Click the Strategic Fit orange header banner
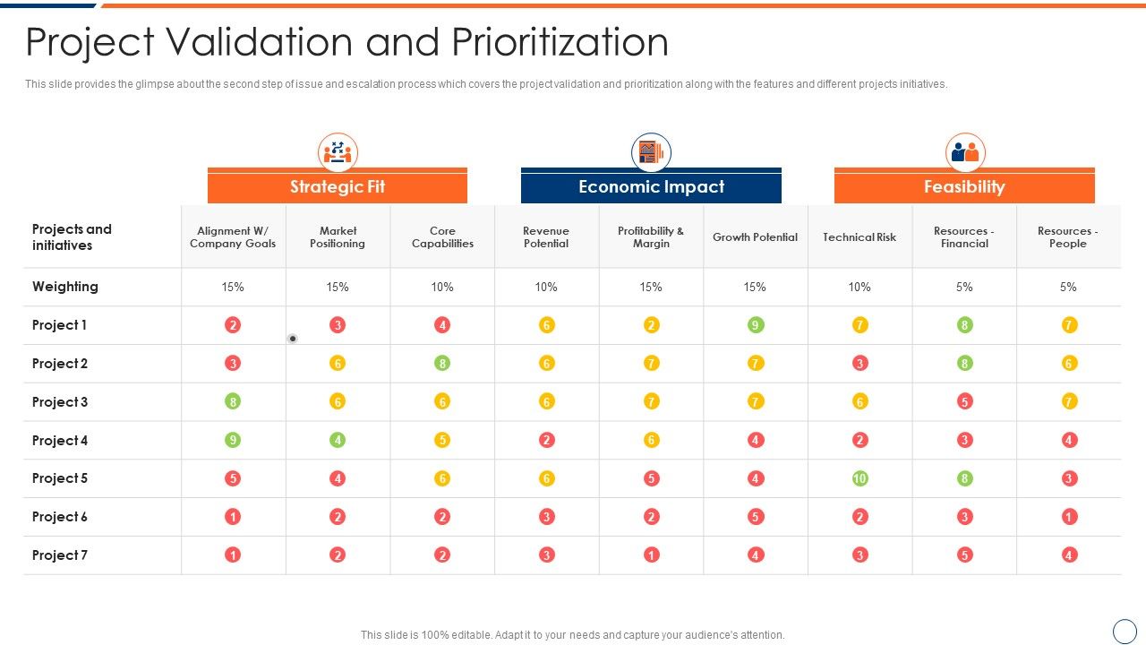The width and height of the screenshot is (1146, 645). (x=338, y=187)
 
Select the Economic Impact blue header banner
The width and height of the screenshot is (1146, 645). (x=651, y=187)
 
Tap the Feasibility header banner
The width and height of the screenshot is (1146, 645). (x=964, y=187)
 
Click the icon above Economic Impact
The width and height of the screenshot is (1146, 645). (x=651, y=152)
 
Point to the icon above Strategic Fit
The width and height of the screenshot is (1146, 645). (x=338, y=152)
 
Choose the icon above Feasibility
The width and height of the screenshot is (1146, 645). (x=964, y=152)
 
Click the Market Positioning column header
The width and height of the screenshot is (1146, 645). (x=338, y=237)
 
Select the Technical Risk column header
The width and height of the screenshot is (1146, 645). (x=859, y=237)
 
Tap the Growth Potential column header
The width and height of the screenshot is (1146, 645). (x=755, y=237)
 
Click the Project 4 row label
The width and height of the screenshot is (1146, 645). (x=60, y=441)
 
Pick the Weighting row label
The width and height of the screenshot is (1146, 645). (x=65, y=287)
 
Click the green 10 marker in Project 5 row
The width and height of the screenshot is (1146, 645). (x=859, y=478)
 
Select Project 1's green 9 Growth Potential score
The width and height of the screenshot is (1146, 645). (x=756, y=325)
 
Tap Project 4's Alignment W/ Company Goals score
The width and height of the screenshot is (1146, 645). (x=233, y=440)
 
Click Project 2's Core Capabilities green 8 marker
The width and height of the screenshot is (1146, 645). (x=442, y=364)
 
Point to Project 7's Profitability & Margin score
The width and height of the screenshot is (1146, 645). (x=651, y=555)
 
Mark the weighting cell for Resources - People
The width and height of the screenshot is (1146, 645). (x=1068, y=287)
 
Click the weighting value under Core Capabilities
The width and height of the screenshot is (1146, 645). (x=442, y=287)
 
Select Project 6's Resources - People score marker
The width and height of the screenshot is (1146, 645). (x=1069, y=517)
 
